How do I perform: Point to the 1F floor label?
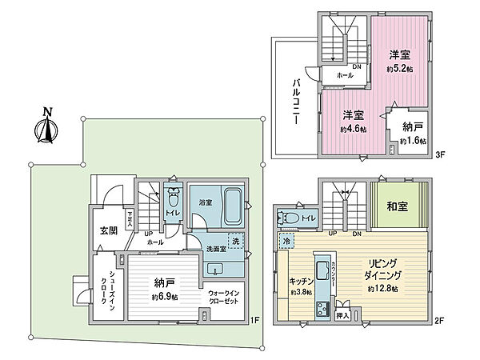[254, 322]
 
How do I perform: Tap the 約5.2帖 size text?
[399, 70]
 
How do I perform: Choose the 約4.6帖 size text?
[353, 129]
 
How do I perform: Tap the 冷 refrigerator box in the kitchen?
[286, 241]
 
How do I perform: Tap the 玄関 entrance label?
[107, 230]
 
